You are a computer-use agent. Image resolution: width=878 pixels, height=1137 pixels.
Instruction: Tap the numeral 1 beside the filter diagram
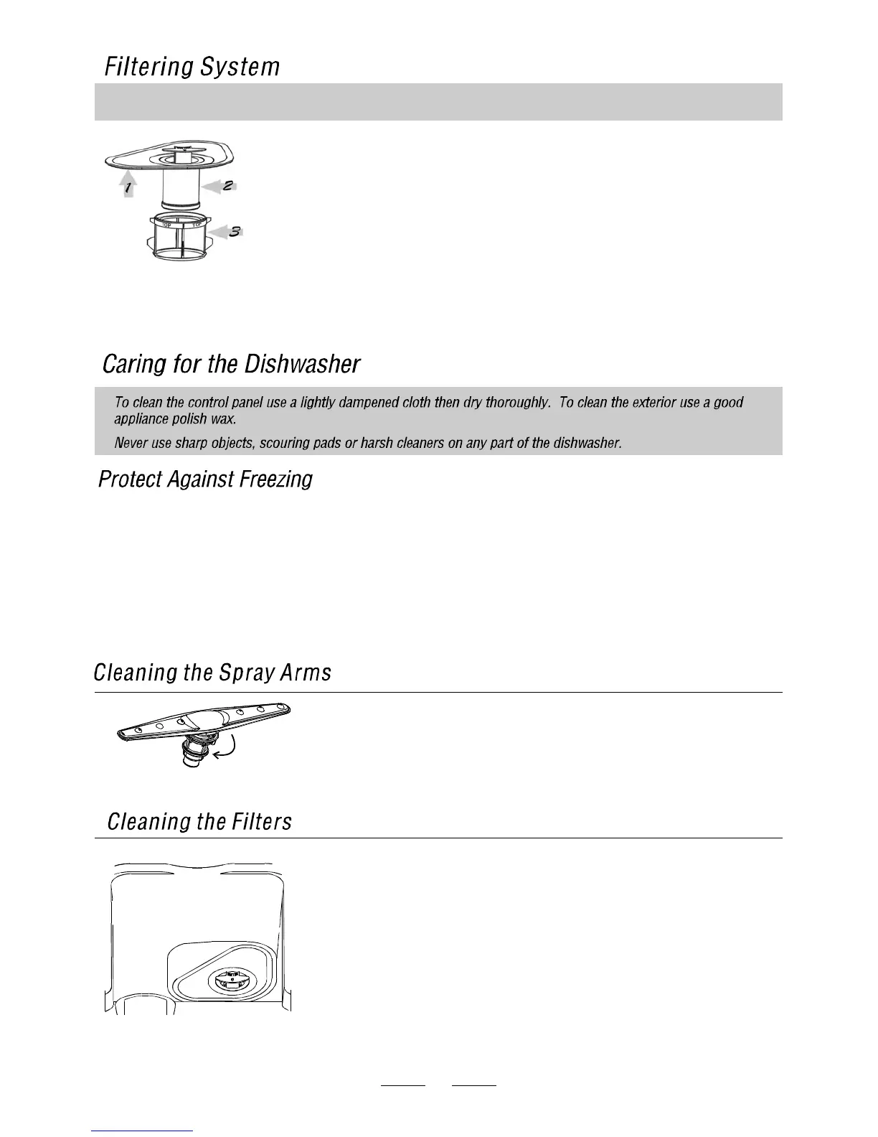(128, 189)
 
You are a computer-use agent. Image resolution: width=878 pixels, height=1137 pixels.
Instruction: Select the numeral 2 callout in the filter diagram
(227, 185)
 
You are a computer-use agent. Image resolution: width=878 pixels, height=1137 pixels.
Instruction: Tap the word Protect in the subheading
(130, 479)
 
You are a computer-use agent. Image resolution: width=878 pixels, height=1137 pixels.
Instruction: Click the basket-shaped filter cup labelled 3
(182, 240)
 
